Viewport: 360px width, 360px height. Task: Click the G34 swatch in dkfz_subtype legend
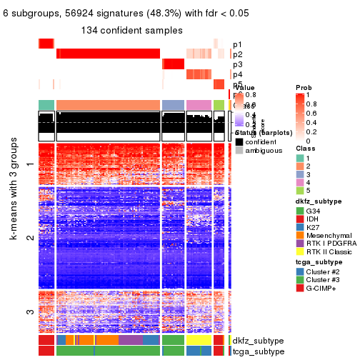[300, 212]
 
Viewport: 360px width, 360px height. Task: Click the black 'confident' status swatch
[239, 141]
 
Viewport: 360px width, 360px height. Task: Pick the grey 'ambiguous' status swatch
[239, 151]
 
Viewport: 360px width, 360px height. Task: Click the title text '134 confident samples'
[132, 30]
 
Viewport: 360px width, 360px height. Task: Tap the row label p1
[237, 44]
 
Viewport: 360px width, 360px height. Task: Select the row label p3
[237, 64]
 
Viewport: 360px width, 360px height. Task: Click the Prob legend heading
[304, 87]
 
